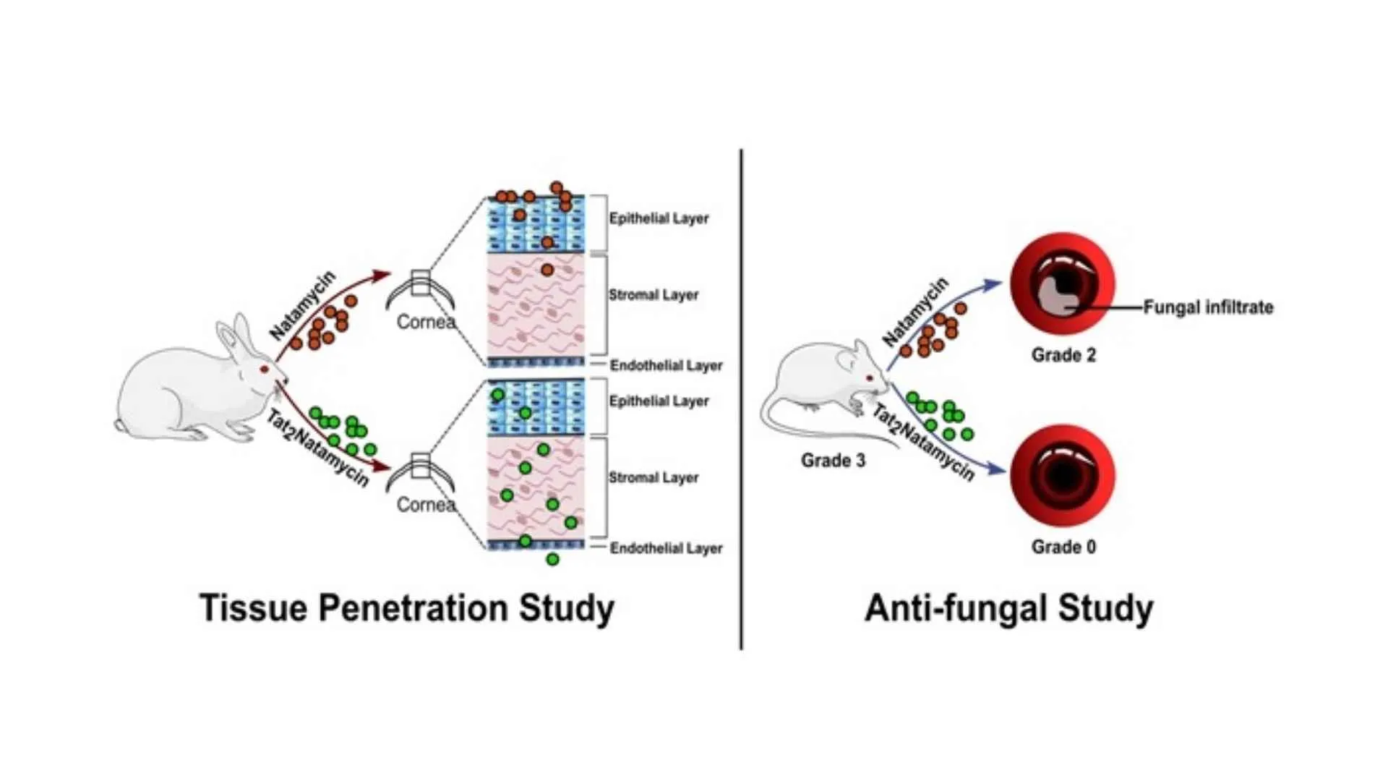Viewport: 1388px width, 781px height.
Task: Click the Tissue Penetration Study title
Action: coord(406,607)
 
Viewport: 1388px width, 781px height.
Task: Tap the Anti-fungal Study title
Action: coord(1008,607)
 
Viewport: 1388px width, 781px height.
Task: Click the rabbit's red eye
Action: coord(265,370)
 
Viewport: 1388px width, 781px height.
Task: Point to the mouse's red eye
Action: coord(870,377)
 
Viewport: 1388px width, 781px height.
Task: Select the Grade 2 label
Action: coord(1063,355)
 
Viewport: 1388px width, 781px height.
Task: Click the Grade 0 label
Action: coord(1063,547)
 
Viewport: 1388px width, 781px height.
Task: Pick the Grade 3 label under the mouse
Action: coord(833,461)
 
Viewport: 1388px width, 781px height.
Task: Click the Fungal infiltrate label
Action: coord(1208,307)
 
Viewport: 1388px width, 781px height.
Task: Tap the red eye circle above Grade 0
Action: coord(1063,476)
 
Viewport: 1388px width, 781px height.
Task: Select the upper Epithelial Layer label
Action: coord(659,218)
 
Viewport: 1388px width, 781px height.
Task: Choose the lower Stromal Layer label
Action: coord(654,478)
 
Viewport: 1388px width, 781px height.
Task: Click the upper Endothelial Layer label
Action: coord(666,366)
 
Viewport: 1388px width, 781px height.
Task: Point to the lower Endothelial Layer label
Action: coord(666,549)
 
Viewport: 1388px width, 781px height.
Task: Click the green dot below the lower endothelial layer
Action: coord(552,559)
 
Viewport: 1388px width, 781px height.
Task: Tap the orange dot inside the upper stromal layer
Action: coord(547,270)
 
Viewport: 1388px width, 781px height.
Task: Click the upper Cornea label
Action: coord(426,322)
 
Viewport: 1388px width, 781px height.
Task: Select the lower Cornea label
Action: coord(426,505)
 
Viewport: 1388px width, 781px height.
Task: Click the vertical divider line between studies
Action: coord(741,398)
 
